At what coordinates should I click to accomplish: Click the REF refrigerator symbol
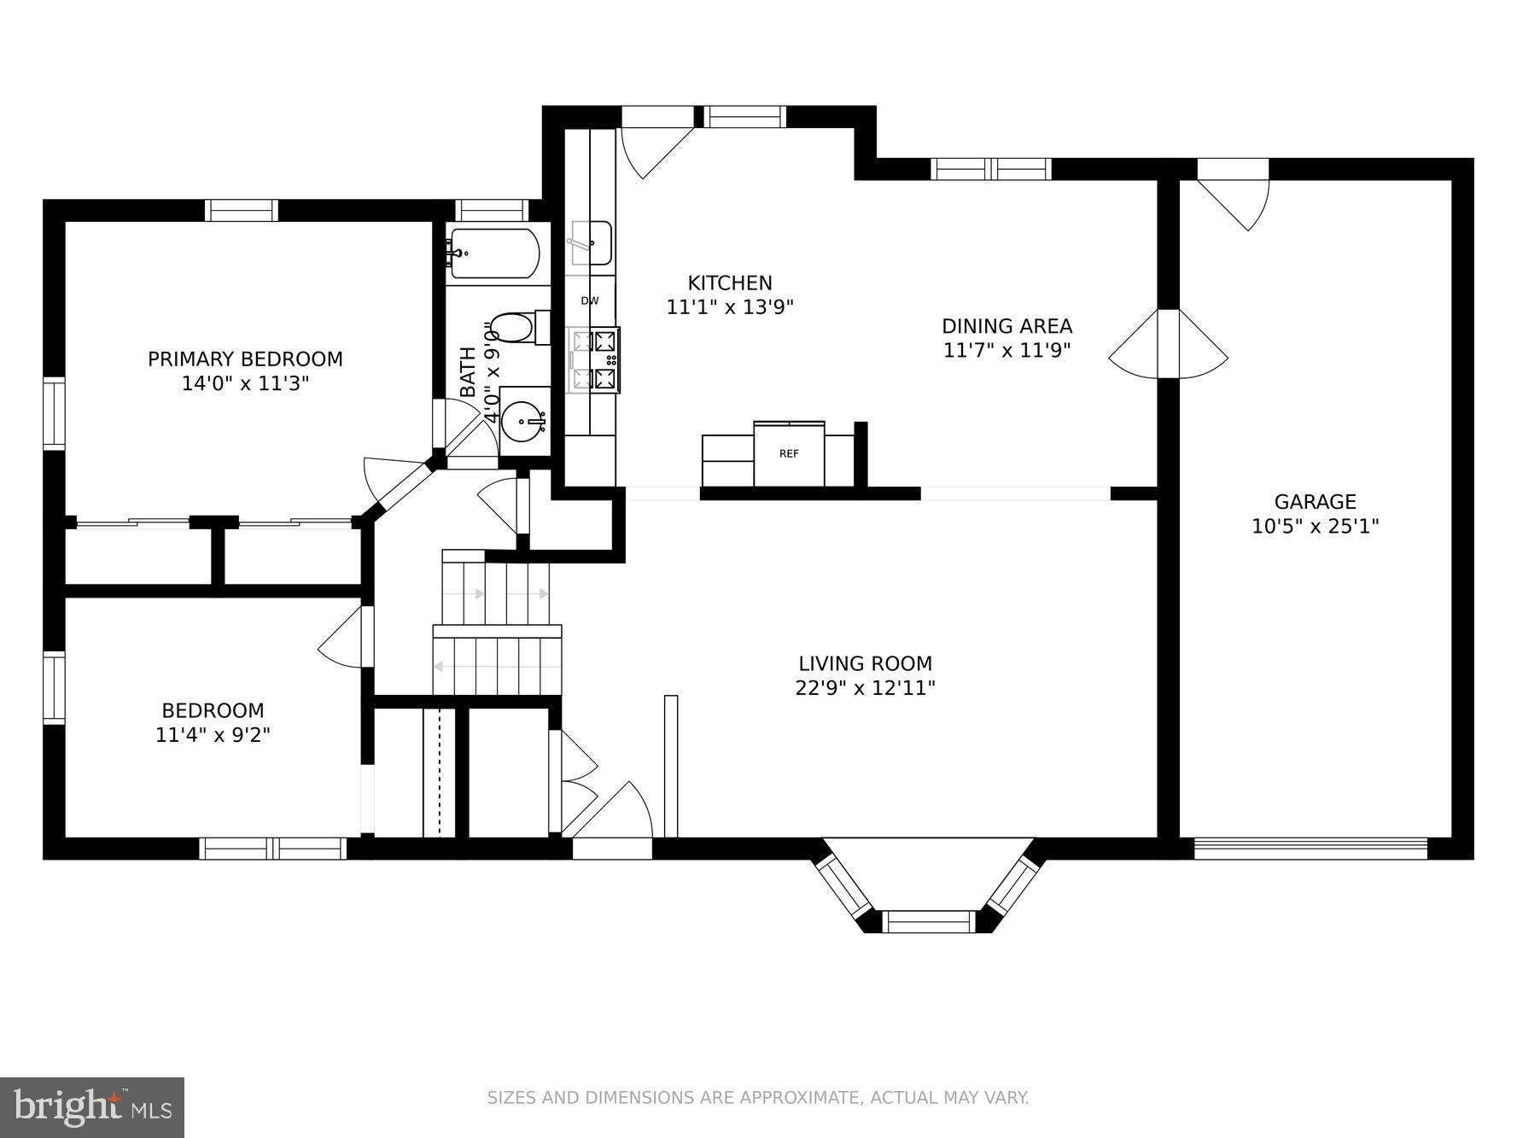coord(789,454)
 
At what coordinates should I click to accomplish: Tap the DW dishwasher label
coord(590,301)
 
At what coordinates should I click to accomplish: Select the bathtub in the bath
coord(494,254)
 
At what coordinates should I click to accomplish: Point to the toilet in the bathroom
coord(516,328)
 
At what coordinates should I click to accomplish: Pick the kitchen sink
coord(591,242)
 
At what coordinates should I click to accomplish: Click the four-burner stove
coord(594,359)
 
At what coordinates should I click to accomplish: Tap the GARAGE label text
coord(1315,502)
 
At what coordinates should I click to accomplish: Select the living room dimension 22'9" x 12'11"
coord(865,687)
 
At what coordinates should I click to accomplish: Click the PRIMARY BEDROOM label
coord(245,359)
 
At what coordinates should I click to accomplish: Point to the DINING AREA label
coord(1006,326)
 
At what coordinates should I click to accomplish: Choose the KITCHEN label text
coord(730,283)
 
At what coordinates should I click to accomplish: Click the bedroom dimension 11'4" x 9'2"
coord(213,734)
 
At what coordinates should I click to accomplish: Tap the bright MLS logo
coord(92,1107)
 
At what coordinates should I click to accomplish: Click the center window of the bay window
coord(928,921)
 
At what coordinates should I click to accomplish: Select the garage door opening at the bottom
coord(1310,848)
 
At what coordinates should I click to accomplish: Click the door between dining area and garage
coord(1169,344)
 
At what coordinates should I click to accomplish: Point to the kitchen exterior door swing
coord(653,149)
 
